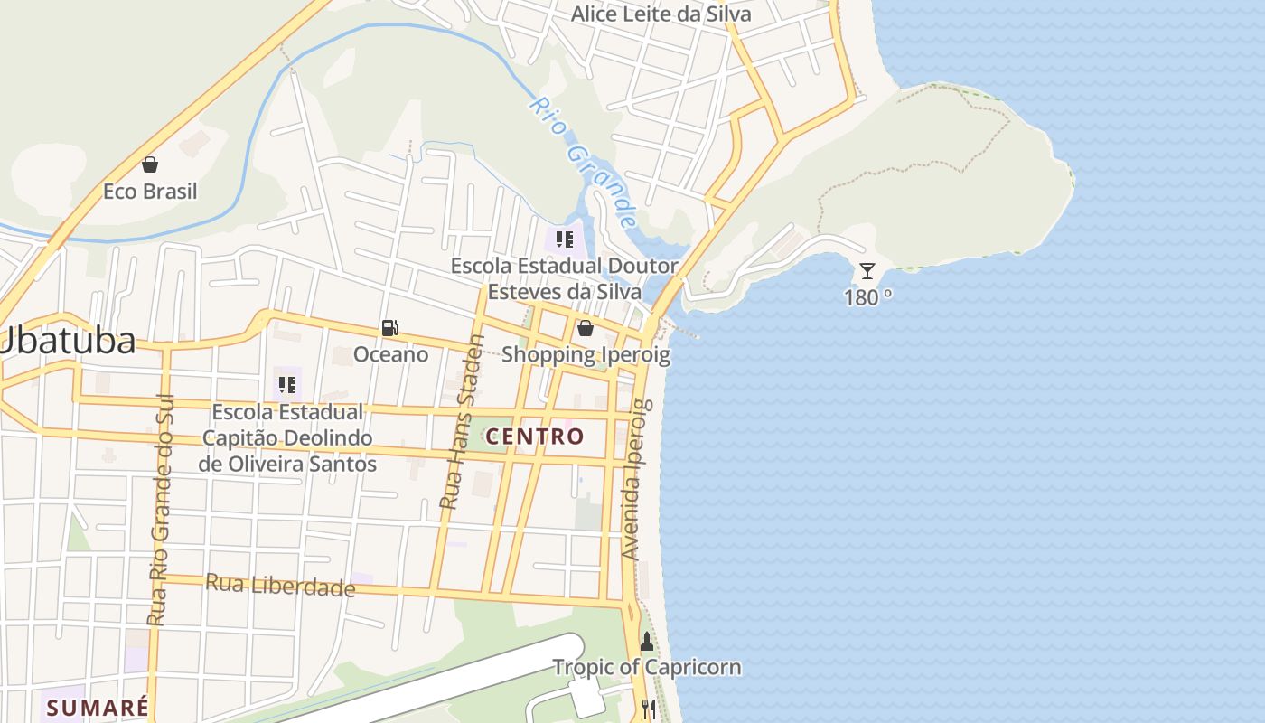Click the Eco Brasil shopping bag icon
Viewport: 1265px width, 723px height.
point(150,164)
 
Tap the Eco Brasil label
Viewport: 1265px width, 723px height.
point(150,192)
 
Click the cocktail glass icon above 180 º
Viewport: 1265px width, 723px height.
point(867,270)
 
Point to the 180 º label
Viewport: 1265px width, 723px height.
point(868,297)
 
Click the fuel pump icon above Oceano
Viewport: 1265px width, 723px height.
point(390,328)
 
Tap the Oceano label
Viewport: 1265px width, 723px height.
point(390,354)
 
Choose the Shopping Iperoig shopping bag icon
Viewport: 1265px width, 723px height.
point(586,328)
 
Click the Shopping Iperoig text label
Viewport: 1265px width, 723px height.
point(586,354)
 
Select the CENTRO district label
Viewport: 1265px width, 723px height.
point(535,437)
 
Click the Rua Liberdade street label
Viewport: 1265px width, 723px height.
point(280,586)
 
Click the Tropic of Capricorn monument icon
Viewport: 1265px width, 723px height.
point(646,642)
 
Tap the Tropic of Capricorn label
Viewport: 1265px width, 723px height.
point(646,668)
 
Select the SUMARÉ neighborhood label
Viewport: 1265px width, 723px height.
point(98,708)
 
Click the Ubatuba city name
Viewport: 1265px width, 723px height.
point(68,341)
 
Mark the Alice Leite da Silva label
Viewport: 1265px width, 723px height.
point(661,14)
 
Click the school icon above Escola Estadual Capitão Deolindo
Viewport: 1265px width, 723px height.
point(287,385)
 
